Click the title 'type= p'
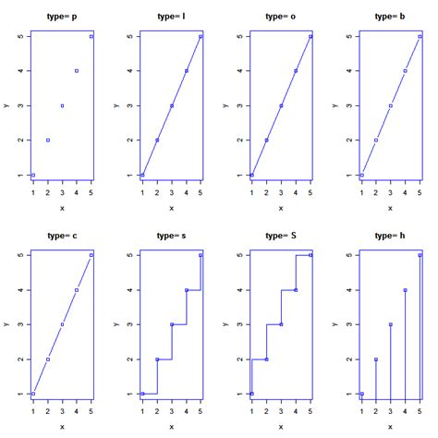(x=62, y=17)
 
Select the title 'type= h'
(x=391, y=236)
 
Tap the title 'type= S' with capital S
(x=281, y=236)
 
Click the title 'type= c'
(x=62, y=236)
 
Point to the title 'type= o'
(x=281, y=17)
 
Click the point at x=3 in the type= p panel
(x=62, y=105)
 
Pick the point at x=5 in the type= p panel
(x=91, y=36)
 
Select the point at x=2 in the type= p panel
(x=48, y=140)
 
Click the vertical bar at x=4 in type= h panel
(x=405, y=342)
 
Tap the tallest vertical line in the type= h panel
(x=420, y=323)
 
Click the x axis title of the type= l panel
(x=172, y=209)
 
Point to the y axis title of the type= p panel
(x=7, y=104)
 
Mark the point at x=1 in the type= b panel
(x=361, y=175)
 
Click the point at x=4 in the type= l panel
(x=186, y=71)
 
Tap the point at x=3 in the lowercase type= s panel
(x=172, y=324)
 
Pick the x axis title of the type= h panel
(x=391, y=427)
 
